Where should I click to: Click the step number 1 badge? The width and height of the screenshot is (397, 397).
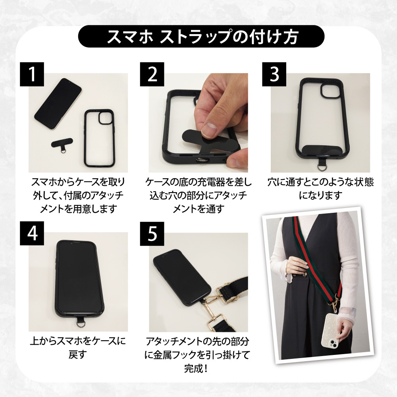(x=32, y=74)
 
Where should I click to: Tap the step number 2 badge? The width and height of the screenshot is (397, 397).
(x=152, y=74)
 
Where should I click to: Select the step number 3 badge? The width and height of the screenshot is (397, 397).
(x=274, y=74)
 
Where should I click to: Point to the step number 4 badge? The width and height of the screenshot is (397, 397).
(x=32, y=233)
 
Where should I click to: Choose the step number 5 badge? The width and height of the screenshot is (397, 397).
(x=152, y=233)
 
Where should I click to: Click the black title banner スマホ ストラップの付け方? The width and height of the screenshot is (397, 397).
(x=201, y=37)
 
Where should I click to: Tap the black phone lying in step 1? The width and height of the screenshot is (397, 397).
(x=58, y=104)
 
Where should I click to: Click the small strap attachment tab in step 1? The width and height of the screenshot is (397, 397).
(x=62, y=145)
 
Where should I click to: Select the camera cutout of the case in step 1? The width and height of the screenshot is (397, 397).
(x=105, y=118)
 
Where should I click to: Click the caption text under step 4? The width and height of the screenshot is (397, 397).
(x=78, y=347)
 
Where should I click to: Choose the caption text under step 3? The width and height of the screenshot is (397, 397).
(x=320, y=188)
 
